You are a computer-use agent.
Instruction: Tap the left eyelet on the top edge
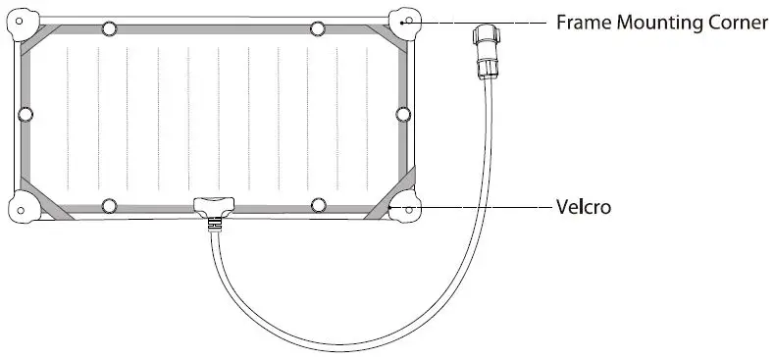tap(109, 27)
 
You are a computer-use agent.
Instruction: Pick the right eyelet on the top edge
tap(317, 27)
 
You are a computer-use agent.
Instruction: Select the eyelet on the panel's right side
tap(401, 115)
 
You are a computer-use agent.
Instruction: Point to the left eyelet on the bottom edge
tap(109, 205)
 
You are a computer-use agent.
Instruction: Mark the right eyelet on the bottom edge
tap(317, 205)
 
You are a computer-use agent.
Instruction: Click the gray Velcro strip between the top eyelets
tap(213, 29)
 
